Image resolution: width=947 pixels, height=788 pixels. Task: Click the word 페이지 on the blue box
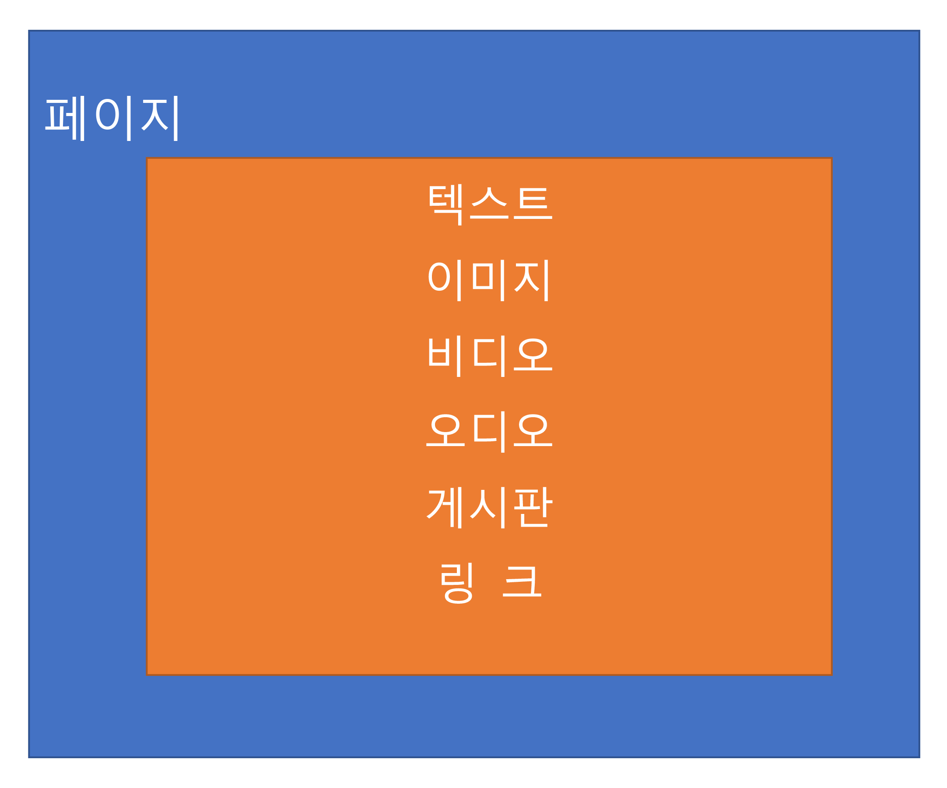tap(112, 118)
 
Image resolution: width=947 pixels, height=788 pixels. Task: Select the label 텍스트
tap(491, 205)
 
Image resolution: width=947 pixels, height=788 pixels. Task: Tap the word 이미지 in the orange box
tap(488, 281)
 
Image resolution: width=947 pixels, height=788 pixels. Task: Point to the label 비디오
tap(491, 356)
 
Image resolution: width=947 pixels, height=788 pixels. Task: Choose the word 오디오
tap(489, 432)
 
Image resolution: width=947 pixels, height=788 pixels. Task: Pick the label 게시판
tap(490, 508)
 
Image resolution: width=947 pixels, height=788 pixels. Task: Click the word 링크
tap(491, 583)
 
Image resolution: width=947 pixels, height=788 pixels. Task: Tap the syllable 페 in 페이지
tap(65, 118)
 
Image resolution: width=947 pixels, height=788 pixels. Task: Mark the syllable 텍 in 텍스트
tap(445, 205)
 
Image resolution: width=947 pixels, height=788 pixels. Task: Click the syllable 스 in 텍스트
tap(489, 204)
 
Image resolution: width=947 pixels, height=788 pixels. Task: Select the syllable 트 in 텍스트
tap(533, 204)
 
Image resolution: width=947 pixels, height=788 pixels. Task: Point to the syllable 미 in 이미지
tap(488, 281)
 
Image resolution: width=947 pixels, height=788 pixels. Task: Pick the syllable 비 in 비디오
tap(445, 356)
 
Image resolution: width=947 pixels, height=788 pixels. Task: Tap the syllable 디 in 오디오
tap(489, 432)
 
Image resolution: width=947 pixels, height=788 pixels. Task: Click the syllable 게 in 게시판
tap(444, 508)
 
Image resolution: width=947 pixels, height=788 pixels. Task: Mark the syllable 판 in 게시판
tap(533, 507)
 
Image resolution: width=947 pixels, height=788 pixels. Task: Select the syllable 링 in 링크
tap(457, 583)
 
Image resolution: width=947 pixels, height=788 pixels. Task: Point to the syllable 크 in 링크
tap(522, 582)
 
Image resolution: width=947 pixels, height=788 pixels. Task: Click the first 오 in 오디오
tap(445, 430)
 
